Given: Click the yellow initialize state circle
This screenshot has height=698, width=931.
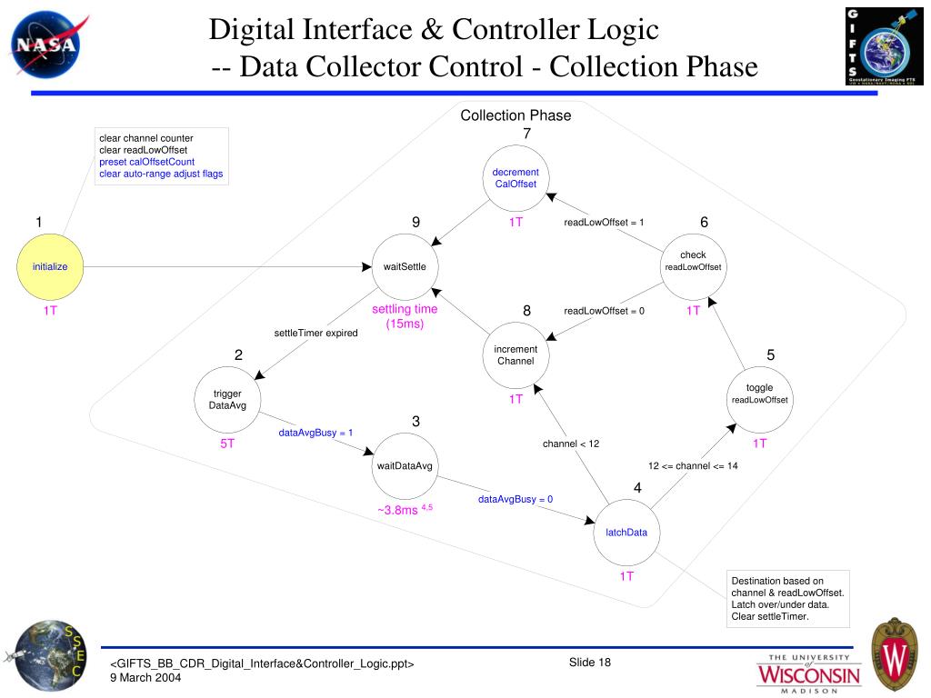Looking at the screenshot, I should pyautogui.click(x=51, y=266).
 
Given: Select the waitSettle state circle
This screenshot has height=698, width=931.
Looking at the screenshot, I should pyautogui.click(x=405, y=266).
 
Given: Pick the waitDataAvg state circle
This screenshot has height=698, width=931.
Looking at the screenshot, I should pyautogui.click(x=405, y=466).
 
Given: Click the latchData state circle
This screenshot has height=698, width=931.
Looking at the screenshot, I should pyautogui.click(x=626, y=533).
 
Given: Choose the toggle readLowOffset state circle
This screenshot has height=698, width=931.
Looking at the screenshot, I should pyautogui.click(x=759, y=394).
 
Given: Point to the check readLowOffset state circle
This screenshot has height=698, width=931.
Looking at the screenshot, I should pyautogui.click(x=693, y=261).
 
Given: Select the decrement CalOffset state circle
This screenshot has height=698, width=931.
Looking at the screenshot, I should pyautogui.click(x=516, y=178).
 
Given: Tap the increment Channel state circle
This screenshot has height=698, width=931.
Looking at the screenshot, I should pyautogui.click(x=516, y=355).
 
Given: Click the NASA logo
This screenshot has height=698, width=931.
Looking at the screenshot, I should pyautogui.click(x=45, y=45).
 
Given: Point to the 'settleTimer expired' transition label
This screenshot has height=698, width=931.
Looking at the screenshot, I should pyautogui.click(x=316, y=333).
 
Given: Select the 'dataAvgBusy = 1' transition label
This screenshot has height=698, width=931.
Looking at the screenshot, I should pyautogui.click(x=315, y=433).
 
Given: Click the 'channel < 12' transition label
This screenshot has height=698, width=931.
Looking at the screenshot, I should pyautogui.click(x=571, y=444).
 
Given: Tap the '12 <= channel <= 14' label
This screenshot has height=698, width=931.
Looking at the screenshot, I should pyautogui.click(x=693, y=465).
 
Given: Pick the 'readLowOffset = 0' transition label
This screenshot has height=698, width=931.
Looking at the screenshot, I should pyautogui.click(x=604, y=311).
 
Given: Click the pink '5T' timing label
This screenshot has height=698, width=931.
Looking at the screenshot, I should pyautogui.click(x=226, y=444).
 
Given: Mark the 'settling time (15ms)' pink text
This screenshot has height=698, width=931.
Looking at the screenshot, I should pyautogui.click(x=405, y=316).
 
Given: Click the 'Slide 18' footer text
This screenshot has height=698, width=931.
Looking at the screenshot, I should pyautogui.click(x=590, y=662).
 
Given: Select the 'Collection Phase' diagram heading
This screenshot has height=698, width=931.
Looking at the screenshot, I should pyautogui.click(x=516, y=115).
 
